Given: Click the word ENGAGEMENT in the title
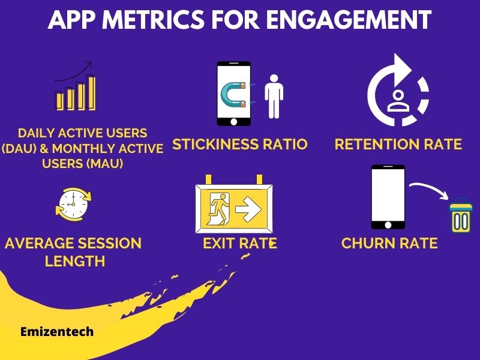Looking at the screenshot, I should click(349, 20).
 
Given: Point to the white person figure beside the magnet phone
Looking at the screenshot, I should click(274, 96).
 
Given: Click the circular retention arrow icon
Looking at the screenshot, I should click(397, 91).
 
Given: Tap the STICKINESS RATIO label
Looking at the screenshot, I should click(240, 145).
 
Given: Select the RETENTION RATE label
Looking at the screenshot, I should click(398, 145).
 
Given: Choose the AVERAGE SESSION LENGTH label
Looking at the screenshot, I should click(73, 252).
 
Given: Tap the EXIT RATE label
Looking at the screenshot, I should click(239, 244).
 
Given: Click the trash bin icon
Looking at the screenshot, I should click(461, 215).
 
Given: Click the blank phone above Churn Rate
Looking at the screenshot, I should click(388, 197).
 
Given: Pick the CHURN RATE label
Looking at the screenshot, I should click(389, 244).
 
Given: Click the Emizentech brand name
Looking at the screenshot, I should click(57, 331).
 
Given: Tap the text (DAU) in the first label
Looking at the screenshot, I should click(22, 148).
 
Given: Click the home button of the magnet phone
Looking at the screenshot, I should click(233, 122).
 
